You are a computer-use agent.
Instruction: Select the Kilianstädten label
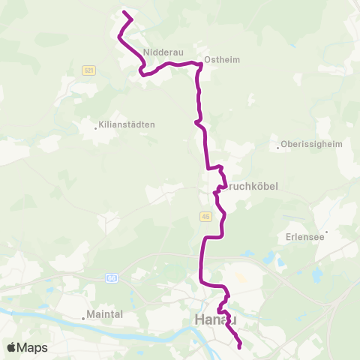tap(127, 124)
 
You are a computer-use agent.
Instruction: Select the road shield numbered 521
tap(89, 70)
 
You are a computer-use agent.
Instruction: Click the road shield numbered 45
tap(205, 216)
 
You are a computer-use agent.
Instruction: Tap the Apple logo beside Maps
tap(11, 347)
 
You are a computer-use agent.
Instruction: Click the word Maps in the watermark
tap(32, 347)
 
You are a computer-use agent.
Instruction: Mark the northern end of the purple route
tap(124, 13)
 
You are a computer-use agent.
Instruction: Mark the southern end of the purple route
tap(240, 347)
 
